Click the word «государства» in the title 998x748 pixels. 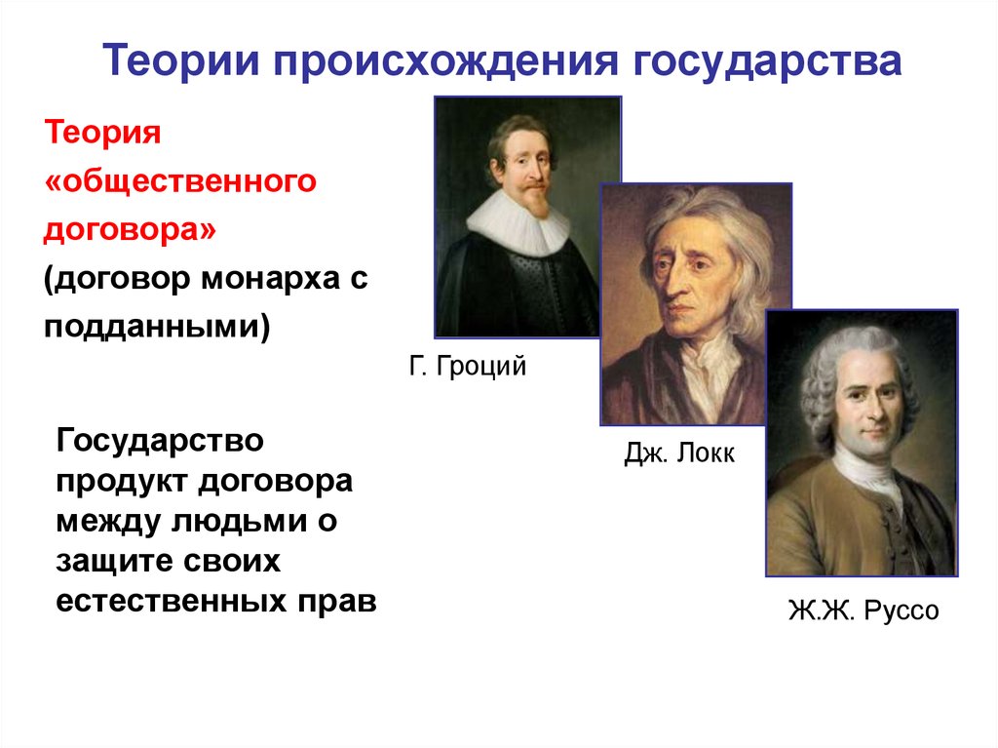(767, 61)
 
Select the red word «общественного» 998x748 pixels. (180, 181)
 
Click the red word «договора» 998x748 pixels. (130, 229)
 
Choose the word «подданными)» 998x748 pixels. (157, 327)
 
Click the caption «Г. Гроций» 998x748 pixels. (468, 367)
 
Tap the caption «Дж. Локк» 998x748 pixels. (679, 453)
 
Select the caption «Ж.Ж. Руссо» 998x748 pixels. (864, 610)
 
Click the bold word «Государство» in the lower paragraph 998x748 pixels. (160, 440)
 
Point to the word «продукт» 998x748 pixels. (123, 482)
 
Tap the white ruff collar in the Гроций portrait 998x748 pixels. (518, 223)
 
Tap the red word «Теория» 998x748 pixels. (102, 134)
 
